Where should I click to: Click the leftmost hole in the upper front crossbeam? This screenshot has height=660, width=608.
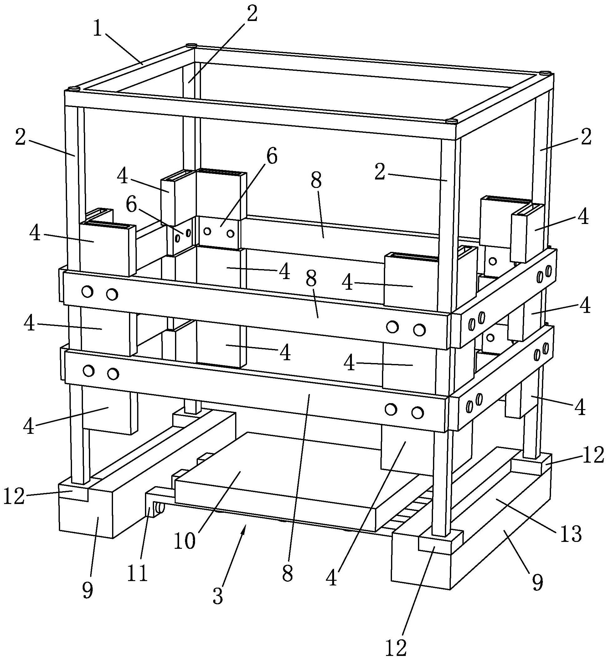pyautogui.click(x=88, y=292)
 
